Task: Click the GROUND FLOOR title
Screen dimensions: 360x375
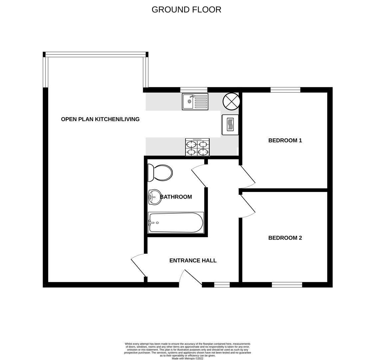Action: point(186,10)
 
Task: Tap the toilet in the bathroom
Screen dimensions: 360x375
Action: point(161,173)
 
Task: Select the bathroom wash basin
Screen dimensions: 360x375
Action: point(155,197)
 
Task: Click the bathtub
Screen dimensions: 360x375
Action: point(176,223)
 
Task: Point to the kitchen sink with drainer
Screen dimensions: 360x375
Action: point(195,102)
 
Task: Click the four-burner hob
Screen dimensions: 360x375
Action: point(197,147)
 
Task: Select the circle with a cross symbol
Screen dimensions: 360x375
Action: point(231,101)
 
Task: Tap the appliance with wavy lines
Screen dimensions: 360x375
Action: point(230,125)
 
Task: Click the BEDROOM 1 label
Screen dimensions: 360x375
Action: point(285,140)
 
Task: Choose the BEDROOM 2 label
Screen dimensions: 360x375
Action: point(285,238)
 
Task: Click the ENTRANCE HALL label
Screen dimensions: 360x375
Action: point(193,261)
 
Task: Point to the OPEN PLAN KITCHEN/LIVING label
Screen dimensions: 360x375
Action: point(100,119)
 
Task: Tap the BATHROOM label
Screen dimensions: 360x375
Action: point(176,197)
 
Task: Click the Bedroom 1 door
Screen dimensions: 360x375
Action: point(247,175)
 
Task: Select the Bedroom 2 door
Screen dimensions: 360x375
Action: point(247,204)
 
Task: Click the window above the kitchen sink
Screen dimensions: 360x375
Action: point(193,90)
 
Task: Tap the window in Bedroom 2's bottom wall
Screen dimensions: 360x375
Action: point(287,285)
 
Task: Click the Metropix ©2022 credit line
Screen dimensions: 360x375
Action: point(187,359)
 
